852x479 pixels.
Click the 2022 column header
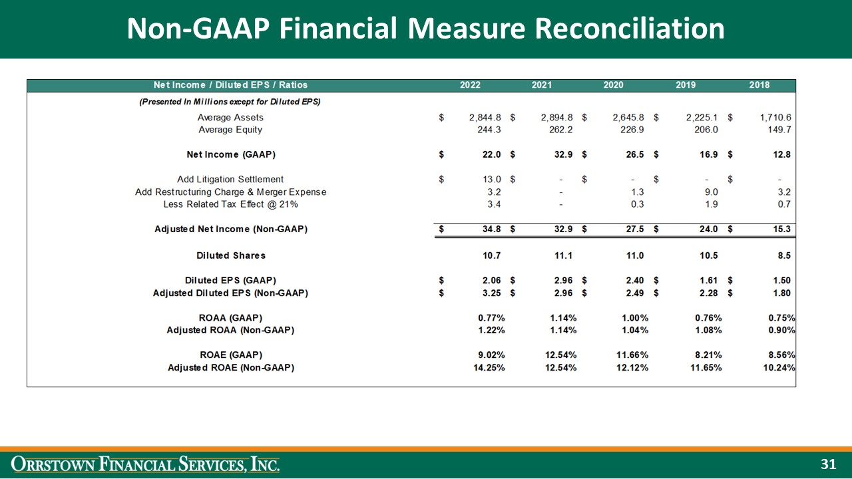pos(470,85)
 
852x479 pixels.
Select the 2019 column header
pos(686,85)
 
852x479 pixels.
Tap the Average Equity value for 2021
pos(559,130)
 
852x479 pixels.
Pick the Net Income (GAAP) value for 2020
pos(632,154)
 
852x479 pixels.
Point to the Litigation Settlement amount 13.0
pos(490,179)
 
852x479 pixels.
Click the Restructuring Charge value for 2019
pos(710,192)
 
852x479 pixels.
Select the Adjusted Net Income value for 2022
pos(490,229)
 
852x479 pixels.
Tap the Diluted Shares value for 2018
pos(783,255)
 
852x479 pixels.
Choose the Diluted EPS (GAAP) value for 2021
pos(562,280)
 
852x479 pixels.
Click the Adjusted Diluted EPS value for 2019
pos(708,293)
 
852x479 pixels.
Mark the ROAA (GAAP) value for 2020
pos(630,318)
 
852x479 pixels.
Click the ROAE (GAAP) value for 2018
pos(779,355)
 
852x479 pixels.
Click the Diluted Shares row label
pos(231,255)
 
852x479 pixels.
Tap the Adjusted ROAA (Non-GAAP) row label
pos(231,330)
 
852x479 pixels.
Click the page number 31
pos(828,464)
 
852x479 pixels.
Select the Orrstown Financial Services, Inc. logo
pos(146,464)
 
